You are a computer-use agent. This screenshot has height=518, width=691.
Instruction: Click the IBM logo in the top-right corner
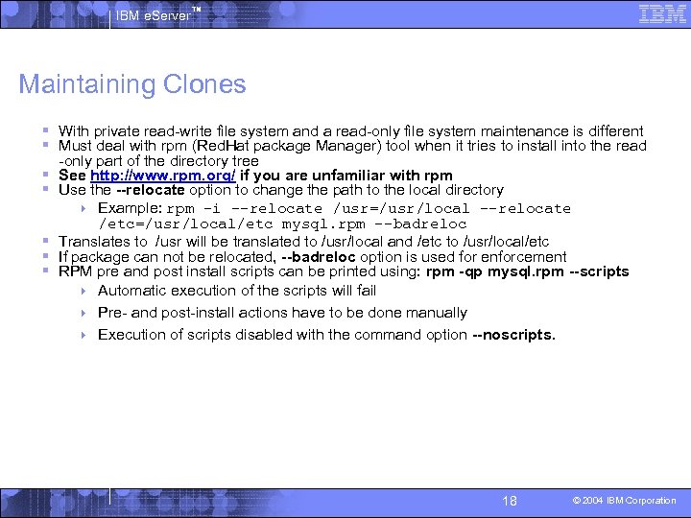point(662,14)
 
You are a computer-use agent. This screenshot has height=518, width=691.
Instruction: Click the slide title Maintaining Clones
point(132,84)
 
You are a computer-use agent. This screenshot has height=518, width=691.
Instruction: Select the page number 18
point(510,501)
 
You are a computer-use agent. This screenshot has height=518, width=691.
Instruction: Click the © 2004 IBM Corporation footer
point(625,501)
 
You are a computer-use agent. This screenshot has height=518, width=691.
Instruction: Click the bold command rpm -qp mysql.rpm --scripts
point(527,271)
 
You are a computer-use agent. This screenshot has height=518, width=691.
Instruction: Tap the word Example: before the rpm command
point(130,208)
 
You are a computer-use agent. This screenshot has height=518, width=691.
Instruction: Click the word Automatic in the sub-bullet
point(133,291)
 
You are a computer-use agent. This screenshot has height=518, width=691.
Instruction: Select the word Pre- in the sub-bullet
point(112,313)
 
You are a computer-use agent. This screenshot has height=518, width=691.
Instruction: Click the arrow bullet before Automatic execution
point(84,291)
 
